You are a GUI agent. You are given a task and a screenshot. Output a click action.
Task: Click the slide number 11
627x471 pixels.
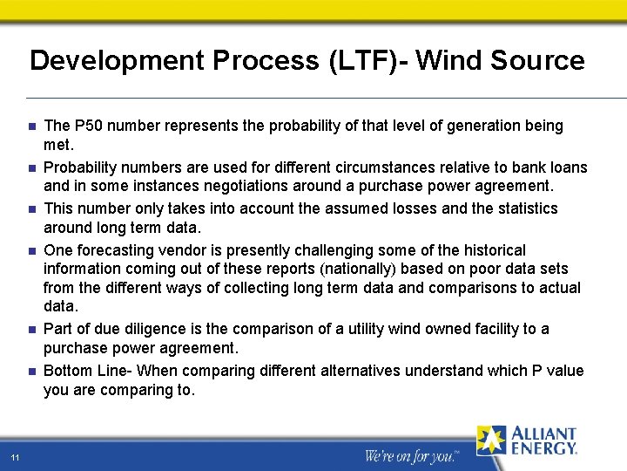point(16,458)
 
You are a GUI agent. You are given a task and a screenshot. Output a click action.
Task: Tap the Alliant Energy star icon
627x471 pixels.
point(491,440)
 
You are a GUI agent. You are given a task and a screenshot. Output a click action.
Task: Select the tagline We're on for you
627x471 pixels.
point(408,455)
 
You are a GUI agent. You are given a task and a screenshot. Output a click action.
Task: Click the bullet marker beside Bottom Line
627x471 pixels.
point(30,372)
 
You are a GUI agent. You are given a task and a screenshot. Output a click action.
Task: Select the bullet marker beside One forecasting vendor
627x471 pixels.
point(30,251)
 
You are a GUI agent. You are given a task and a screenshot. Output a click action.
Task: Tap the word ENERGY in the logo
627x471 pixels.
point(543,448)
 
